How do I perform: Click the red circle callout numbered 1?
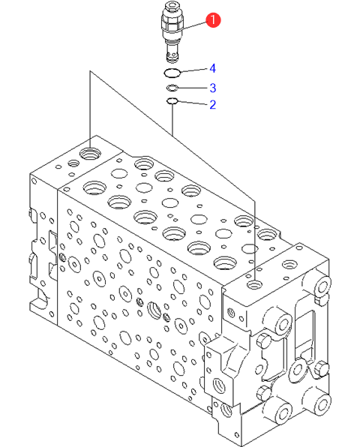coord(213,20)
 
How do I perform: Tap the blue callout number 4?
coord(212,68)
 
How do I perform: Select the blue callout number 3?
coord(213,88)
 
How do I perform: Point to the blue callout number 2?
coord(213,104)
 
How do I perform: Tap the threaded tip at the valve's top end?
coord(172,6)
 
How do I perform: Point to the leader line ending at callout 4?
coord(193,70)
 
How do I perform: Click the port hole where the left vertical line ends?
coord(90,154)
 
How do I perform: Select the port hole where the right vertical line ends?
coord(254,284)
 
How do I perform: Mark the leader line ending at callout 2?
coord(193,103)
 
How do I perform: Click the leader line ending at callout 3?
coord(193,88)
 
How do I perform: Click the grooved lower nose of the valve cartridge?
coord(172,53)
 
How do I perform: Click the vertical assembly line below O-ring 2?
coord(172,119)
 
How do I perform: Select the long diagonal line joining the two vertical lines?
coord(172,135)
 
